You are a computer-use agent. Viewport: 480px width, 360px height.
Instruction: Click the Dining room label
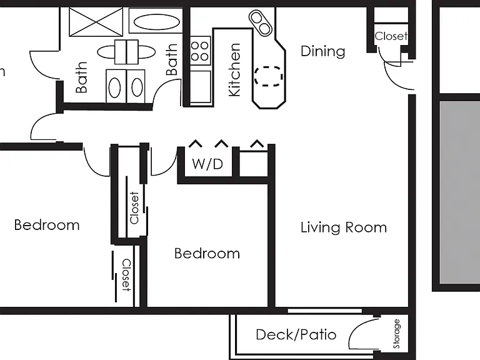click(322, 51)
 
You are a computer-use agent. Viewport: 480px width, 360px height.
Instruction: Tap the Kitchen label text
click(235, 70)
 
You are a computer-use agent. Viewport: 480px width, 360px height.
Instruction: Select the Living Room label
click(344, 227)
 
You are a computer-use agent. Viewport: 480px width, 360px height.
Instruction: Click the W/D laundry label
click(207, 164)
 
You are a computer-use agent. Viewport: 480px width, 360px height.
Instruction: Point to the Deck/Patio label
click(296, 334)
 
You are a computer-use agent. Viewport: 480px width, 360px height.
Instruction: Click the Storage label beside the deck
click(396, 334)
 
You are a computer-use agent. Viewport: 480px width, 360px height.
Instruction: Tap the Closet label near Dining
click(391, 36)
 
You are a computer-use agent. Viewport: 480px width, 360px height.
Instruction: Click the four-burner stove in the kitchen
click(200, 51)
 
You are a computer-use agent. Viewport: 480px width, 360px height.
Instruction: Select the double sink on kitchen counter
click(261, 23)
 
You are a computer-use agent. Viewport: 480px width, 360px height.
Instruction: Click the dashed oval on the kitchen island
click(269, 76)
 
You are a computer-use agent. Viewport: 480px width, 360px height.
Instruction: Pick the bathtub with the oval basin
click(156, 21)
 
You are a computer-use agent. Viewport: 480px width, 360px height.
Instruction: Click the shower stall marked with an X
click(96, 22)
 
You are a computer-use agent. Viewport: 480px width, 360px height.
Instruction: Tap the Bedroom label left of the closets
click(47, 225)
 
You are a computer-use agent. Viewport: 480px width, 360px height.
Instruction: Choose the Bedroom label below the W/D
click(207, 254)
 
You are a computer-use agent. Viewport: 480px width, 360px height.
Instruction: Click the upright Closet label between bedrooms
click(134, 208)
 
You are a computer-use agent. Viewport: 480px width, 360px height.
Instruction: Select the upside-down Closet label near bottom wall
click(126, 275)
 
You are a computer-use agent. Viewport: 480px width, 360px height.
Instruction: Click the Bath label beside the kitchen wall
click(172, 59)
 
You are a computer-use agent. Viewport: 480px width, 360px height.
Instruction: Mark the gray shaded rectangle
click(460, 193)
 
